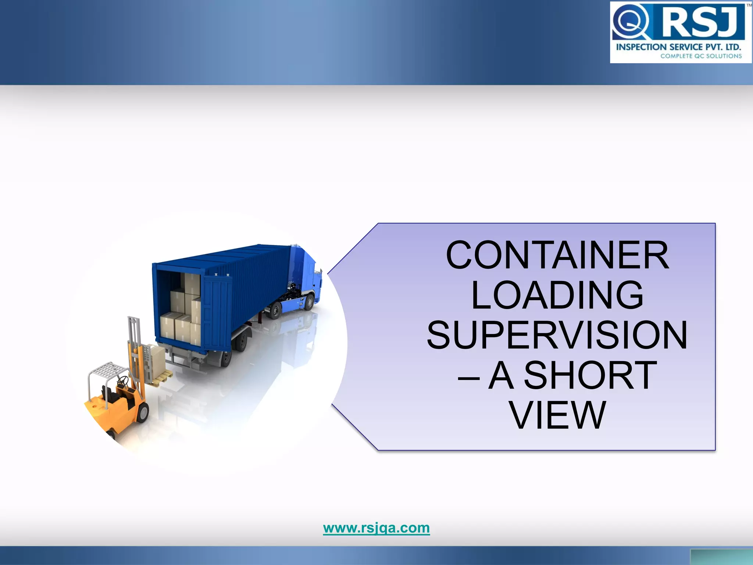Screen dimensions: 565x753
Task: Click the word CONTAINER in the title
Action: pyautogui.click(x=557, y=255)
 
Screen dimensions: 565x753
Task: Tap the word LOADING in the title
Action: pyautogui.click(x=557, y=295)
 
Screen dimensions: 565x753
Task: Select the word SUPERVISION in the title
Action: pyautogui.click(x=557, y=335)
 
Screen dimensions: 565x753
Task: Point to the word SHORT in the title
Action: pyautogui.click(x=590, y=375)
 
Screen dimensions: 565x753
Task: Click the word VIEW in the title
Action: pyautogui.click(x=557, y=415)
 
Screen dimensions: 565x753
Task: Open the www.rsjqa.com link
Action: pyautogui.click(x=376, y=528)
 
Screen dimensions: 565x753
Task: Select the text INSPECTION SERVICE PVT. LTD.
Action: pyautogui.click(x=678, y=47)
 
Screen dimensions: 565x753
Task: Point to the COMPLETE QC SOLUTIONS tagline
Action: pyautogui.click(x=701, y=56)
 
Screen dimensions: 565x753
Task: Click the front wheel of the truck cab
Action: pyautogui.click(x=309, y=303)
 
